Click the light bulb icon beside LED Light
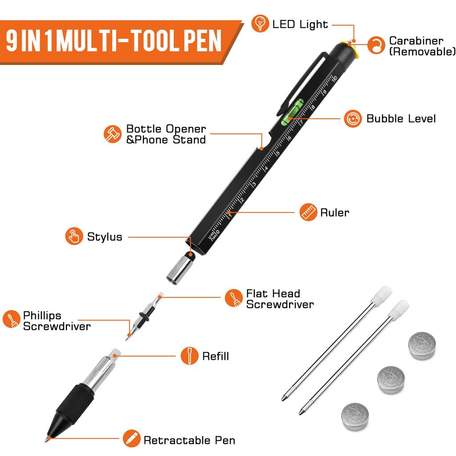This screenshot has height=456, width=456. tap(260, 24)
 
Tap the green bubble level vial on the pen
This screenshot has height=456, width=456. tap(292, 110)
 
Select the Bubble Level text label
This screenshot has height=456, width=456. tap(401, 118)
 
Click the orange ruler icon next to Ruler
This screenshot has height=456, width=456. tap(308, 212)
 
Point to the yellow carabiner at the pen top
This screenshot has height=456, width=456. tap(350, 49)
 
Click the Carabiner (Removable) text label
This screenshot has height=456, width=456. tap(422, 46)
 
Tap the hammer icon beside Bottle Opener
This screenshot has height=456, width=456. tap(113, 134)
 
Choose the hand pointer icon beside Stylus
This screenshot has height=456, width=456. tap(74, 236)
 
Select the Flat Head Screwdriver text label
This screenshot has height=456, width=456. tap(280, 299)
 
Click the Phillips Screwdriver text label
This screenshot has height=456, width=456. tap(57, 321)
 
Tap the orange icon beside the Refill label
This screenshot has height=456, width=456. tap(190, 356)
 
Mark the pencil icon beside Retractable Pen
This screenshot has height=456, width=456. tap(131, 439)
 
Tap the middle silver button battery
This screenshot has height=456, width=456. tap(391, 380)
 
